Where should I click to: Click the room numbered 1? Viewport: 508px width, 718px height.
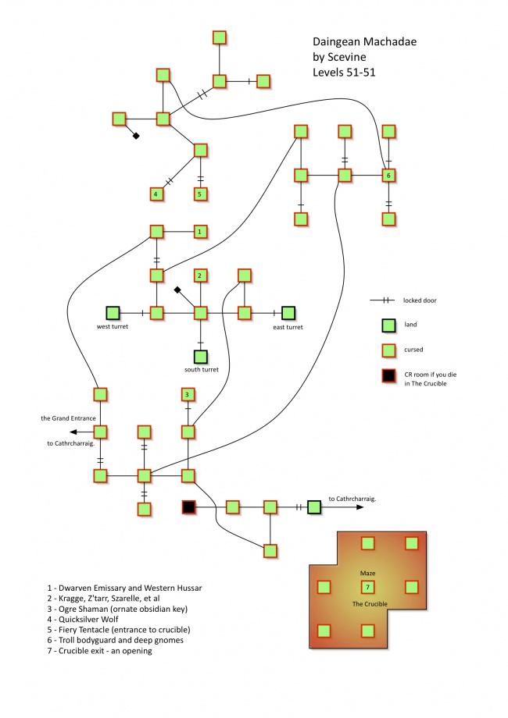200,232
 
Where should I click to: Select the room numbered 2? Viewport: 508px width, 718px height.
200,275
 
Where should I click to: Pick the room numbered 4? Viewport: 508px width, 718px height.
156,194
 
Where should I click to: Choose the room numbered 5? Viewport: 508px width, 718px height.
200,194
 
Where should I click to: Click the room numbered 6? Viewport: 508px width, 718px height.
388,176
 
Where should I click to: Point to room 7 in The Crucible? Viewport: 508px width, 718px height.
367,587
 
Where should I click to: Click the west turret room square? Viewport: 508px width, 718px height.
113,313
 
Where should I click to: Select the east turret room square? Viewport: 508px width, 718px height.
288,313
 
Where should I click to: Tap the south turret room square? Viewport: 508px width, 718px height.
200,357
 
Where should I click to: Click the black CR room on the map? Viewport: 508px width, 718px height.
188,507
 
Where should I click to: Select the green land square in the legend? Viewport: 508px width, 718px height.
386,325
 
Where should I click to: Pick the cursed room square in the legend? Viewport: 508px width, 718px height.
386,350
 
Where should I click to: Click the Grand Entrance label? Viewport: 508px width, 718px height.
68,419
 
